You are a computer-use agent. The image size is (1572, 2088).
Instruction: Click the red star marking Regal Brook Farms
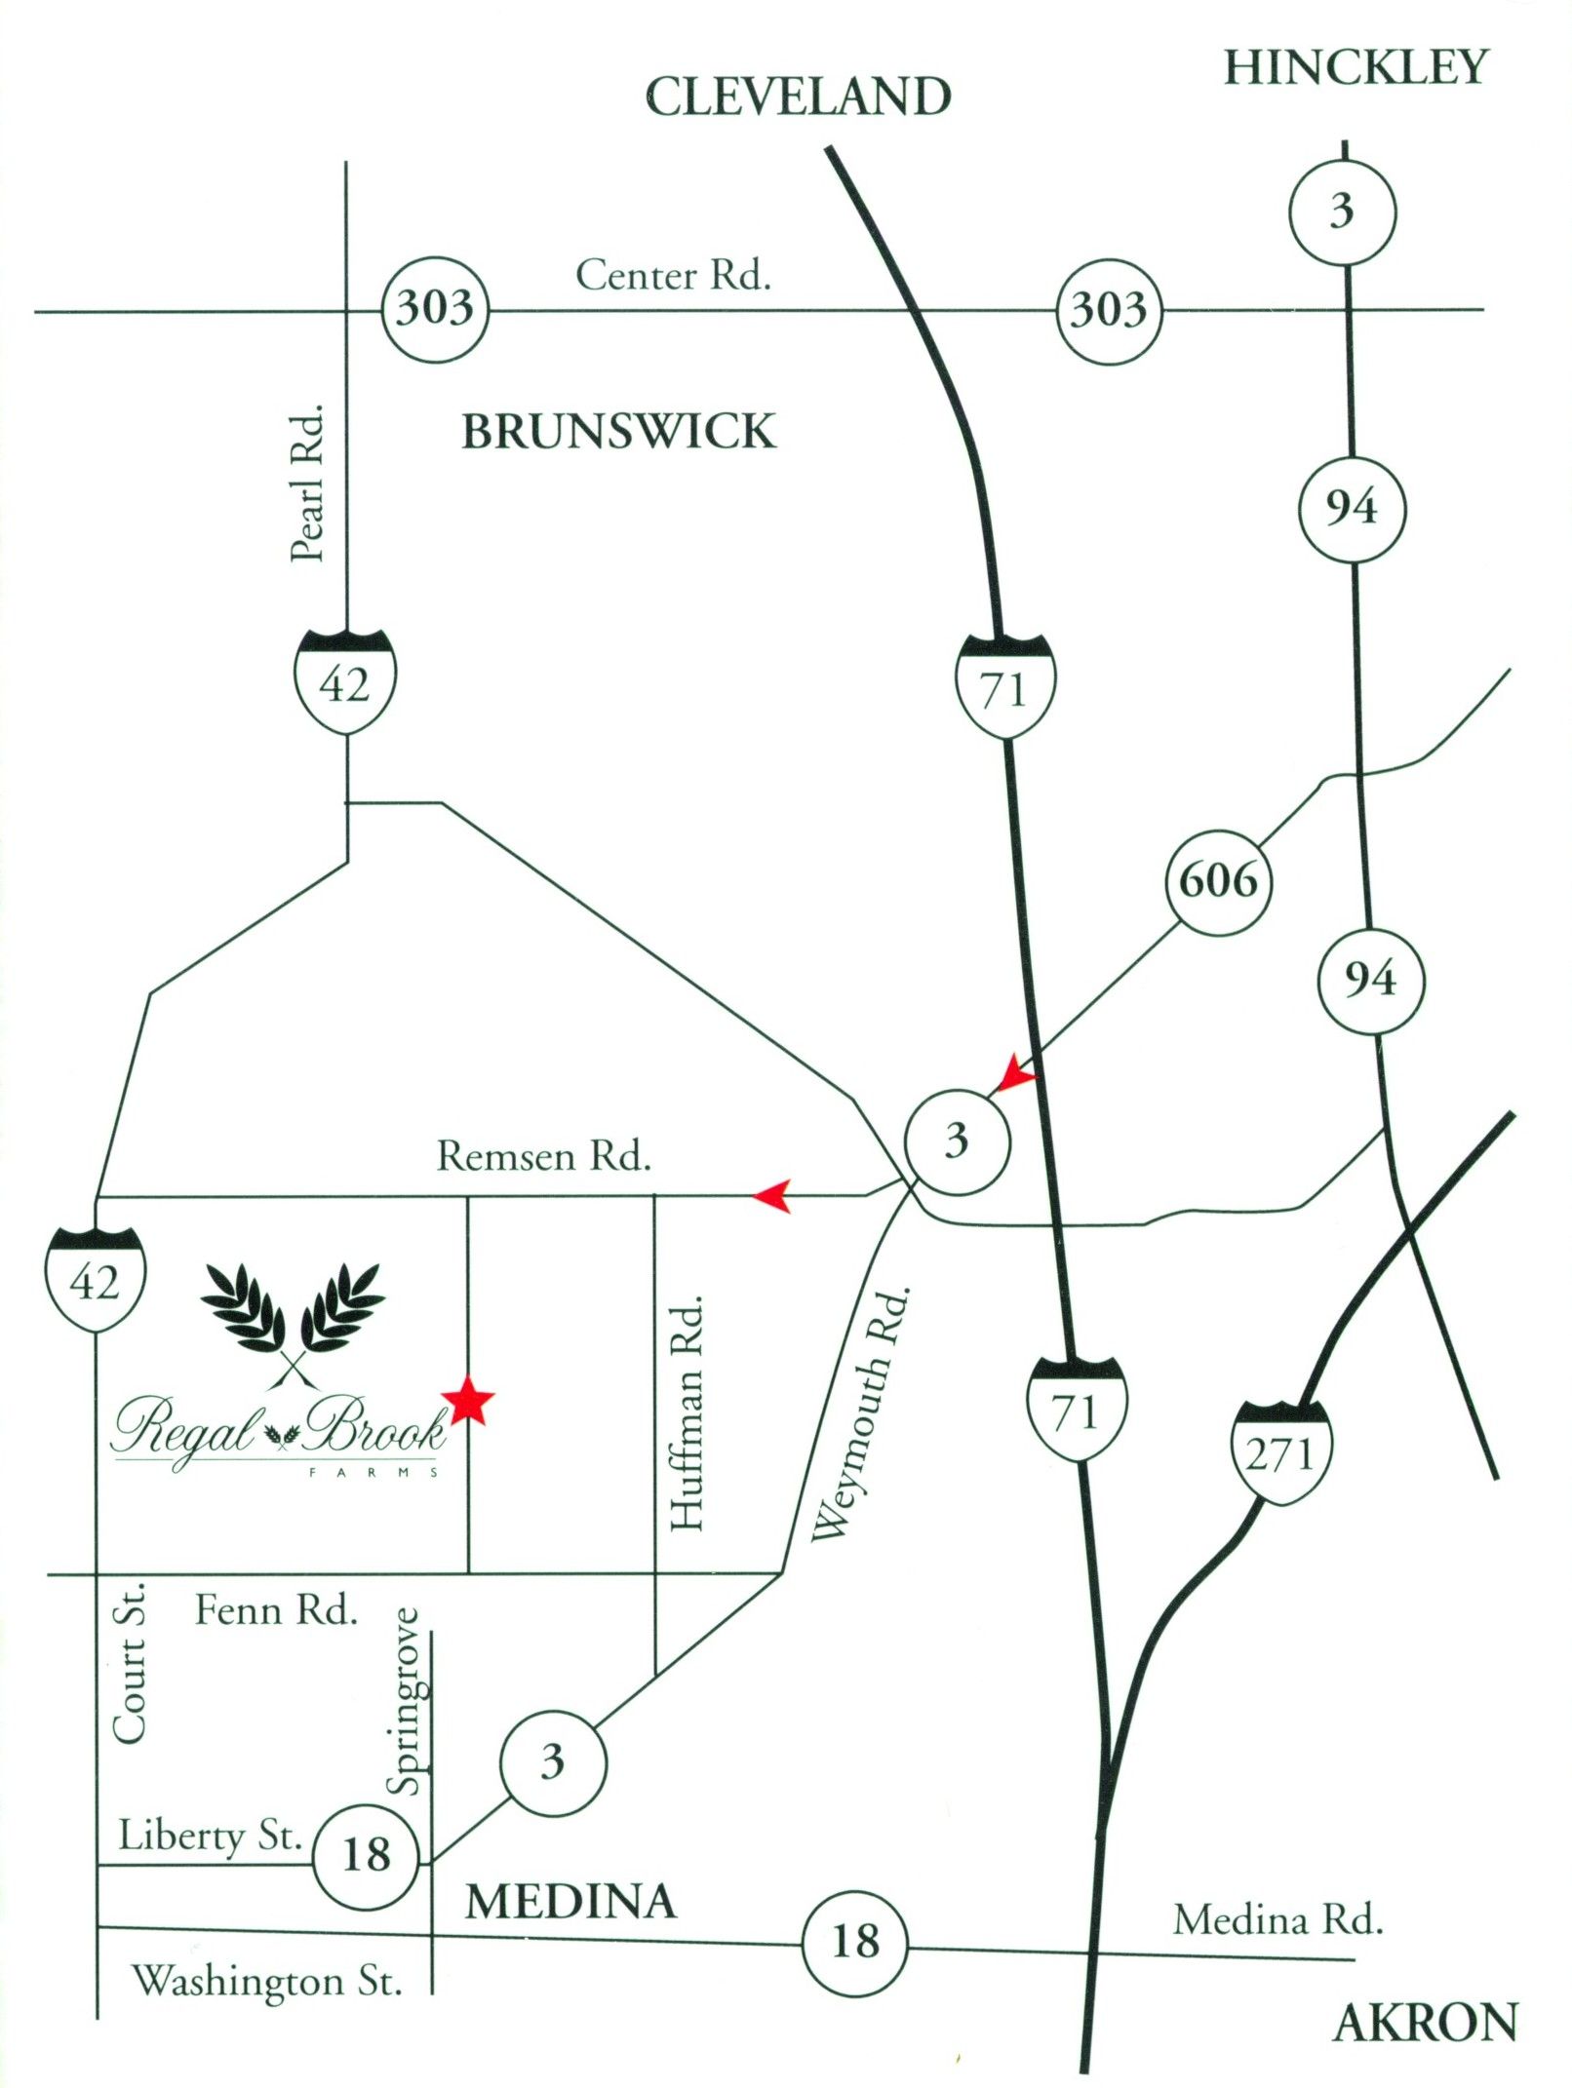[x=468, y=1401]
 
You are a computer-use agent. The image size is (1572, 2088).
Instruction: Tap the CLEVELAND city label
[x=798, y=97]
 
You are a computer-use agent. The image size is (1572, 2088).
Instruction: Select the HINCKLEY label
[x=1356, y=68]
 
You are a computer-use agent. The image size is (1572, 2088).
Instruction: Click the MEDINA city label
[x=570, y=1902]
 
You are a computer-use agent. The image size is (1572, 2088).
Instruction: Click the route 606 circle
[x=1218, y=882]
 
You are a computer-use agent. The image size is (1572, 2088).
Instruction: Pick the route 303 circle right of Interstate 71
[x=1109, y=311]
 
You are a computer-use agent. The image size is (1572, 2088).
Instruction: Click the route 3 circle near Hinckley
[x=1343, y=212]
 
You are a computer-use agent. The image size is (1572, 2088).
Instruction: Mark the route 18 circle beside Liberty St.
[x=366, y=1855]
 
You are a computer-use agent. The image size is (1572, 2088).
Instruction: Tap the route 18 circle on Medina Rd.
[x=854, y=1942]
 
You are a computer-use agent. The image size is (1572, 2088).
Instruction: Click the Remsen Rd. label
[x=543, y=1157]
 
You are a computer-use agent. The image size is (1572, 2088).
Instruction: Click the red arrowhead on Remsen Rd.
[x=772, y=1194]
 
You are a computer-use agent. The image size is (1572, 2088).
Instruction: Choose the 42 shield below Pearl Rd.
[x=345, y=681]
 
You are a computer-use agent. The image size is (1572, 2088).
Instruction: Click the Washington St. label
[x=266, y=1982]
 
